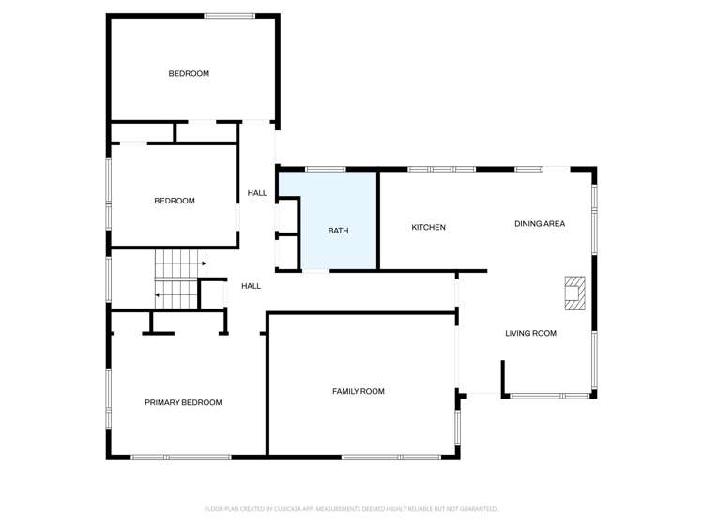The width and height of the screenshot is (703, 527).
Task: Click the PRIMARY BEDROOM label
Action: [183, 402]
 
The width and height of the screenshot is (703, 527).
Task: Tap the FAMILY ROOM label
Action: [359, 391]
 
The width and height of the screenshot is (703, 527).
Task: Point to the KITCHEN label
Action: [428, 228]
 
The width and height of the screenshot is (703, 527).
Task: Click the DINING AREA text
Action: [540, 224]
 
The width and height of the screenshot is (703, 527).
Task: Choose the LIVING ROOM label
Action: [530, 333]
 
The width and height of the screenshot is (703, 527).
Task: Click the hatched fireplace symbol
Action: [573, 293]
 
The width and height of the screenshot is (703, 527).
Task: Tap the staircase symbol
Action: [178, 279]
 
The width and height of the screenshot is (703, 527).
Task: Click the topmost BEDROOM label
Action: [189, 73]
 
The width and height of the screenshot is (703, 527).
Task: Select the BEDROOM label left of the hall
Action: [175, 201]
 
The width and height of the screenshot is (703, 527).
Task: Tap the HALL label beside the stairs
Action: [251, 286]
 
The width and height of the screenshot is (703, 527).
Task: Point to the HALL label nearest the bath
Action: [257, 193]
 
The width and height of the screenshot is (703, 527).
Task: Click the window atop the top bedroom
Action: [230, 15]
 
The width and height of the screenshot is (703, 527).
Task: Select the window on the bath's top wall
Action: [325, 169]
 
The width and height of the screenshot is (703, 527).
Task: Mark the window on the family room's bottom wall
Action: [391, 457]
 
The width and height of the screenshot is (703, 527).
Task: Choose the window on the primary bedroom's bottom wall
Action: [181, 457]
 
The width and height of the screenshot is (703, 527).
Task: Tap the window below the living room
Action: [549, 396]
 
